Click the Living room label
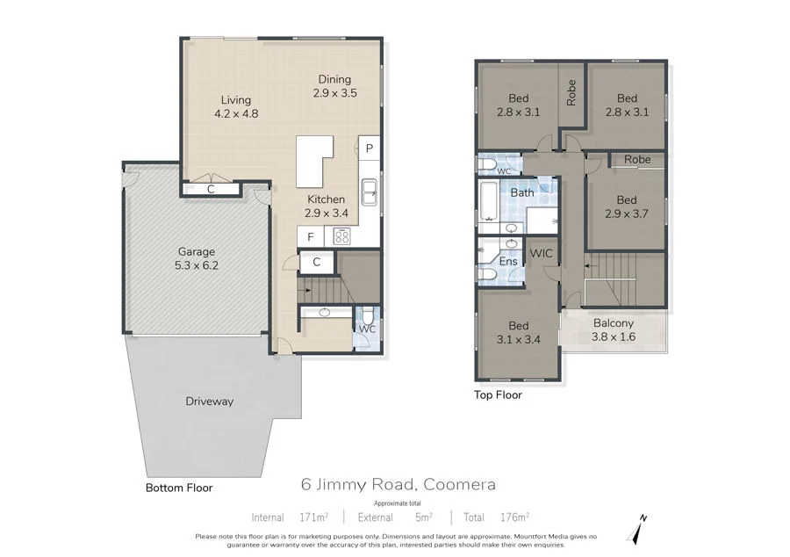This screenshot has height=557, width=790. (x=236, y=106)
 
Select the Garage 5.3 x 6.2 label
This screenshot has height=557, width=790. (x=197, y=257)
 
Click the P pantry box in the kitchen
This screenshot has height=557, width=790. (x=370, y=148)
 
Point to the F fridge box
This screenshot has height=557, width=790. (x=310, y=235)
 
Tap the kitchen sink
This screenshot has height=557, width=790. (x=370, y=189)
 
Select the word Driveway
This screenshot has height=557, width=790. (x=209, y=401)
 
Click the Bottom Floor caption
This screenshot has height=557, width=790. (x=179, y=487)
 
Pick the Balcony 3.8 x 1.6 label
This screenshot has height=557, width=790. (x=613, y=329)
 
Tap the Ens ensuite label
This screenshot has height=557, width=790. (x=508, y=262)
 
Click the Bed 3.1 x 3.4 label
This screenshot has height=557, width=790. (x=517, y=330)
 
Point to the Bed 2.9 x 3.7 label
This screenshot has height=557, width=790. (x=626, y=206)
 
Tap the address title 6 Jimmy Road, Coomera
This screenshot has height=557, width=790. (x=399, y=484)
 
